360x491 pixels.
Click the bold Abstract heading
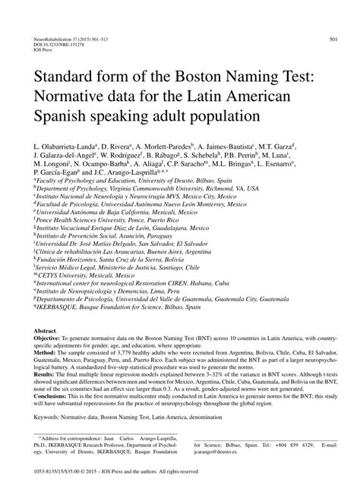pyautogui.click(x=45, y=332)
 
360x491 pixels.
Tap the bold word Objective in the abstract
pyautogui.click(x=49, y=339)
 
